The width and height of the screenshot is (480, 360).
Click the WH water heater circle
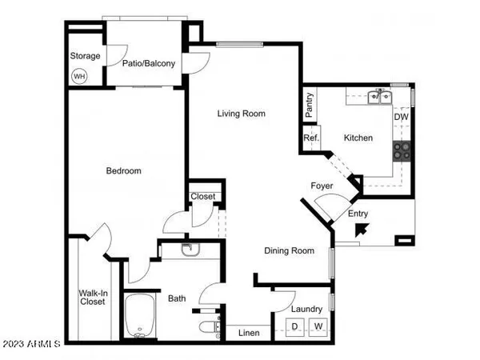79,77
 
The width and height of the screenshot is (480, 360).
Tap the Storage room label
86,56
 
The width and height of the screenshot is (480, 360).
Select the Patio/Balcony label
149,62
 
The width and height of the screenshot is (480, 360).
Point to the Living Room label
241,114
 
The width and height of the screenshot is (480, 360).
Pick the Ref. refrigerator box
311,138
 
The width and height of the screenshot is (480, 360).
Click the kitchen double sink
378,98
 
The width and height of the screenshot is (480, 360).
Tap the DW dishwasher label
402,117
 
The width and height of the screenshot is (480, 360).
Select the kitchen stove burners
402,149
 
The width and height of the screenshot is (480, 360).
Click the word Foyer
322,186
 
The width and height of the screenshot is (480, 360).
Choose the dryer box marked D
294,326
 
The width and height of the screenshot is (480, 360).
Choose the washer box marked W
318,326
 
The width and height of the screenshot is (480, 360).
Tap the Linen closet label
248,332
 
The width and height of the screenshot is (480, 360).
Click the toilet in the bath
210,327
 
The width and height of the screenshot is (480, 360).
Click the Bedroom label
124,170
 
